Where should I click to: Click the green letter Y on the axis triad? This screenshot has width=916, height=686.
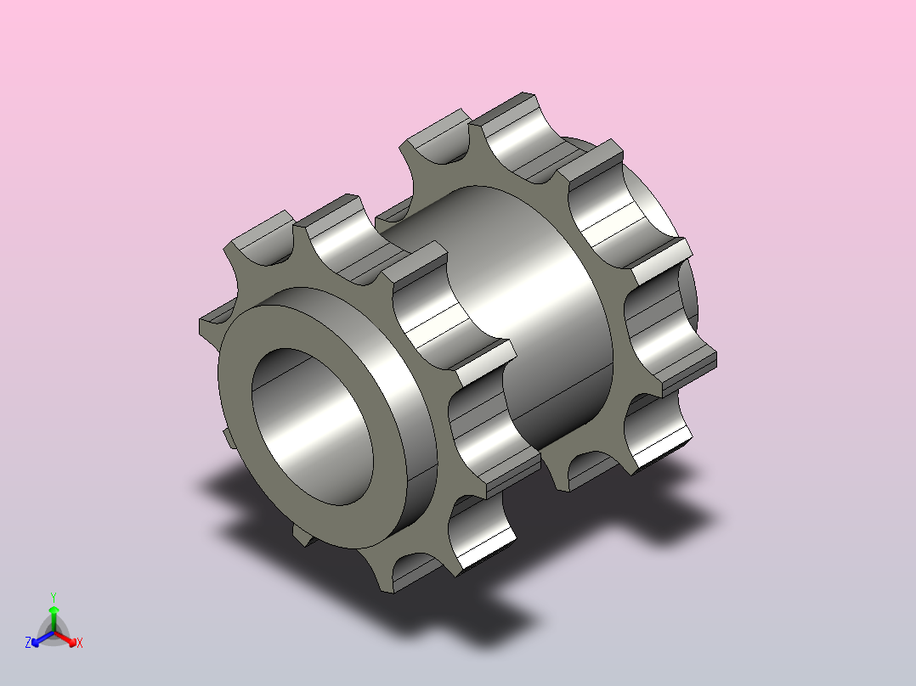click(x=54, y=597)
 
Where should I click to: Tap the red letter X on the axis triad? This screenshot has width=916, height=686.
click(x=80, y=643)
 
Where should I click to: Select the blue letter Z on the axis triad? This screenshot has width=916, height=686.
click(x=28, y=643)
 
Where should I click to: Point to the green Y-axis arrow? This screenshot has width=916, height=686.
click(x=54, y=618)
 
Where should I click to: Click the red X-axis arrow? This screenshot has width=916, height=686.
click(x=65, y=638)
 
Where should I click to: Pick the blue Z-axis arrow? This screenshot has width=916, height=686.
click(x=42, y=638)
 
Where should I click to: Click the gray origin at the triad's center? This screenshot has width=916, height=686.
click(x=54, y=633)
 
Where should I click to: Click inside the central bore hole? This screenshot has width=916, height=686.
click(x=313, y=426)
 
